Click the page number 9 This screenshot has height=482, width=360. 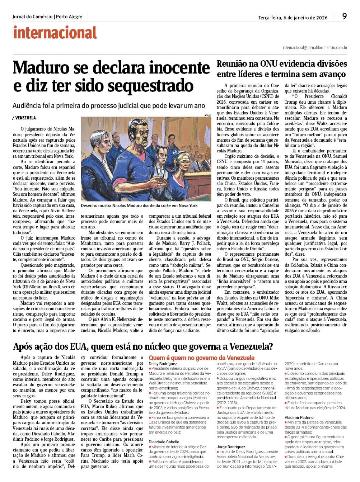pyautogui.click(x=345, y=16)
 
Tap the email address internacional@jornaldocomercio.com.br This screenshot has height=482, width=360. pyautogui.click(x=315, y=47)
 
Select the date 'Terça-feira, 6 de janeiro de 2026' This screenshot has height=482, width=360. pyautogui.click(x=293, y=18)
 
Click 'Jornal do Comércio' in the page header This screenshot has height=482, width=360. pyautogui.click(x=32, y=17)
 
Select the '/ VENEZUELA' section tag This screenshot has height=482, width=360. pyautogui.click(x=24, y=118)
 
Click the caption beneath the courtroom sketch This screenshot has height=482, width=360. pyautogui.click(x=139, y=206)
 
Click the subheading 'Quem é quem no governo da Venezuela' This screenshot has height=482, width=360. pyautogui.click(x=201, y=358)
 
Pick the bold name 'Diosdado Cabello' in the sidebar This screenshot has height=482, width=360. pyautogui.click(x=164, y=442)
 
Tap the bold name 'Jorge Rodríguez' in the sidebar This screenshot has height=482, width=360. pyautogui.click(x=231, y=447)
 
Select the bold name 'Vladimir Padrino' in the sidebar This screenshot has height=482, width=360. pyautogui.click(x=299, y=417)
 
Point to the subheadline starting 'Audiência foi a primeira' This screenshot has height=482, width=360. pyautogui.click(x=109, y=106)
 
